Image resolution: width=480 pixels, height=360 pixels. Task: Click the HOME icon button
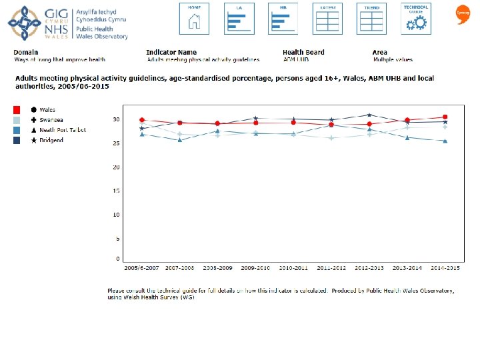[195, 18]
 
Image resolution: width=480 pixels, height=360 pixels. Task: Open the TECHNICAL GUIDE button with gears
[417, 18]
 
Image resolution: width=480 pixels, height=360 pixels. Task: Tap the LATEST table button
[328, 18]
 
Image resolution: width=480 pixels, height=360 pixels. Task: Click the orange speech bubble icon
[462, 13]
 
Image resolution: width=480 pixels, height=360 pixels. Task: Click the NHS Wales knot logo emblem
[23, 24]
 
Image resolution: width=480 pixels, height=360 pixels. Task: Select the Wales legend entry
[47, 109]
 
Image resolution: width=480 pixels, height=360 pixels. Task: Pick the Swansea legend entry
[51, 120]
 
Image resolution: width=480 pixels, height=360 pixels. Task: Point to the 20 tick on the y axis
[116, 167]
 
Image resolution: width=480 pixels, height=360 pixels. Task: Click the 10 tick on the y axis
[116, 215]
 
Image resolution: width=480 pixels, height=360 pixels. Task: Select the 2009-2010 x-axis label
[255, 267]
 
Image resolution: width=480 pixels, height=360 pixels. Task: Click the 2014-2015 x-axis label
[445, 267]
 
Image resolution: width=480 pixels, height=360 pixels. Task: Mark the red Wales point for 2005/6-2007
[141, 120]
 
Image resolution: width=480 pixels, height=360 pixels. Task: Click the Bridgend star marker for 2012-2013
[369, 115]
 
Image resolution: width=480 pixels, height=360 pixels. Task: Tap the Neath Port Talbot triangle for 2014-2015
[445, 141]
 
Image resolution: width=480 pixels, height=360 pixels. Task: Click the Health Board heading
[303, 52]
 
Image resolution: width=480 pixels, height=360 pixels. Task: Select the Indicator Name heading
[171, 52]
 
